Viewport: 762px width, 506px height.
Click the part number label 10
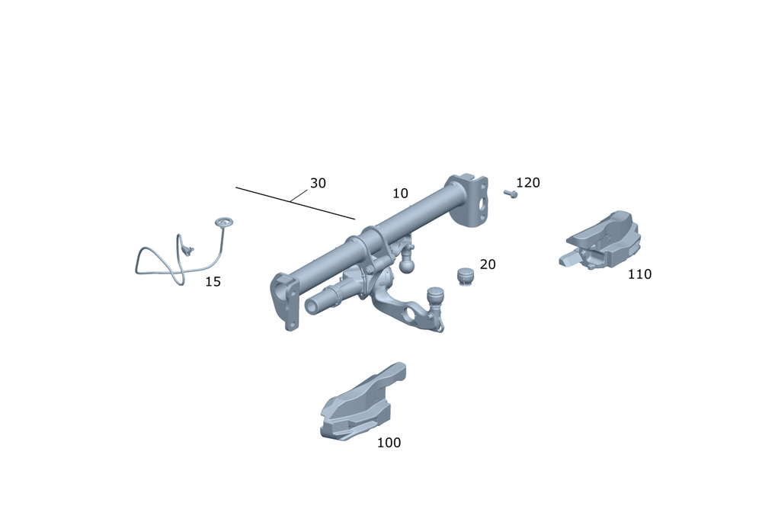tap(400, 194)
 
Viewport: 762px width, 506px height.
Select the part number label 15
tap(213, 282)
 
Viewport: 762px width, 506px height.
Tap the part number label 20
tap(488, 264)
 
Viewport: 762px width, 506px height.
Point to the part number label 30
tap(318, 184)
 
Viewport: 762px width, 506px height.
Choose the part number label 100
tap(389, 443)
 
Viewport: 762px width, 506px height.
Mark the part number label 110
tap(639, 274)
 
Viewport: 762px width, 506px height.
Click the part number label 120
tap(528, 183)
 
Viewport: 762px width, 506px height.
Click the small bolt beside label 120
tap(511, 194)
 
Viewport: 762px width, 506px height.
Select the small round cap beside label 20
tap(465, 276)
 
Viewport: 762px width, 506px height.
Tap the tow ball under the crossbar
tap(406, 264)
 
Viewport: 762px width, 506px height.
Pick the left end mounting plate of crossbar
tap(285, 301)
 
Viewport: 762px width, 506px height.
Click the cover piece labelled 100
tap(358, 408)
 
